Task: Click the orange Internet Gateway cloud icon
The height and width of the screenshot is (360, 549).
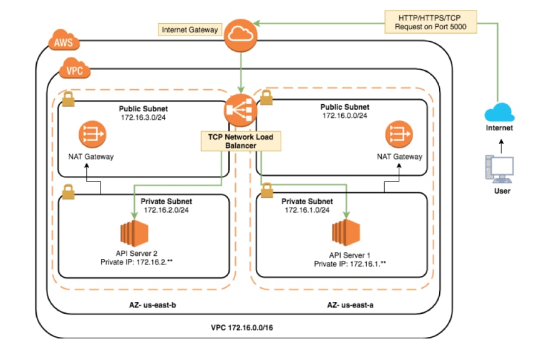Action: coord(241,36)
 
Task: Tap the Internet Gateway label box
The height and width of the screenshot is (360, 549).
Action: coord(190,30)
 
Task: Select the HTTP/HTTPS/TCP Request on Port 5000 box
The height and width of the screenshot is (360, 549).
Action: coord(430,22)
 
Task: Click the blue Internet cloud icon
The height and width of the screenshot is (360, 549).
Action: coord(499,112)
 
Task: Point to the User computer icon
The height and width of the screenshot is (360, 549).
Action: coord(499,169)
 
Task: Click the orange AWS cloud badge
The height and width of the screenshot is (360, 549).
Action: coord(64,41)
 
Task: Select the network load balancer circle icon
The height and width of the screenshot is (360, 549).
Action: coord(241,110)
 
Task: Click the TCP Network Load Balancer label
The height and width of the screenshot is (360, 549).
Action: coord(241,141)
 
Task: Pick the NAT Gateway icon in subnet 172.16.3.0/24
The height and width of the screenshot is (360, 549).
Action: coord(92,135)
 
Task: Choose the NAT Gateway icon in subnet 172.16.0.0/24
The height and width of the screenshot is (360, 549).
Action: coord(399,135)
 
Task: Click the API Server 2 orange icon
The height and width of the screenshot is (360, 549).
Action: coord(135,233)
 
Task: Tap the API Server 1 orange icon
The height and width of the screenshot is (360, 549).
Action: coord(346,233)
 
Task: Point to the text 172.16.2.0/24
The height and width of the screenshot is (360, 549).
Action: coord(167,210)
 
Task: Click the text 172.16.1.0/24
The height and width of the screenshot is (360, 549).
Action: coord(307,210)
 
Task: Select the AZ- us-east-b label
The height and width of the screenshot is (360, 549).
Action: coord(153,305)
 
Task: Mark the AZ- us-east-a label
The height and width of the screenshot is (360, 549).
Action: coord(350,305)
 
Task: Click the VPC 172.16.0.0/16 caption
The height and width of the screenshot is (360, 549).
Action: coord(242,328)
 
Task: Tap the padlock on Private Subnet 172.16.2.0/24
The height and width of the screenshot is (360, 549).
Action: coord(68,192)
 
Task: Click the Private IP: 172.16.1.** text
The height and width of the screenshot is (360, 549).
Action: coord(350,264)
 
